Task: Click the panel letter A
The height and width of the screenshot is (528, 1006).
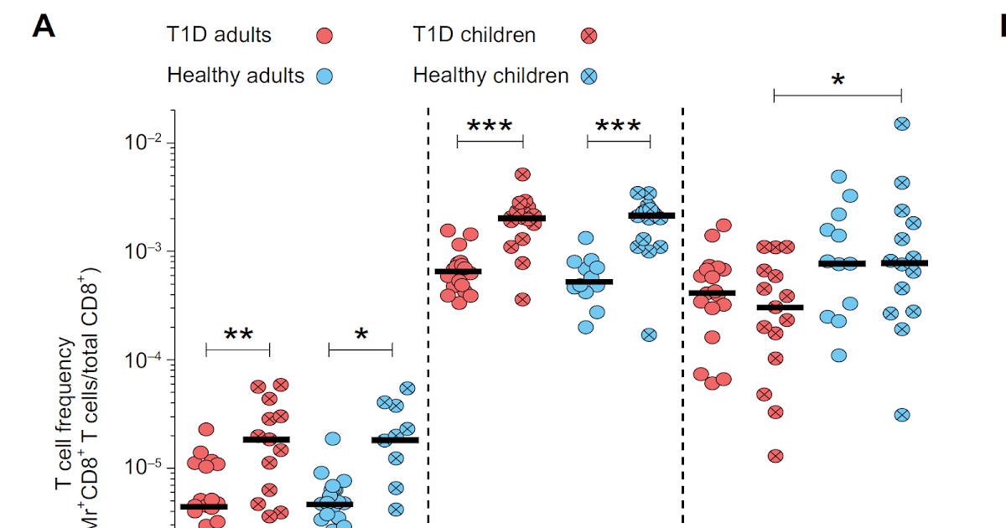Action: (44, 27)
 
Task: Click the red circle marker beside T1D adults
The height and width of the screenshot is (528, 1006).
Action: (324, 35)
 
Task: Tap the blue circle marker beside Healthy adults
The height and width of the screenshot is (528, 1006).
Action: (324, 76)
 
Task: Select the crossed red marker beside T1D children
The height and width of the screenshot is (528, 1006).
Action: (589, 35)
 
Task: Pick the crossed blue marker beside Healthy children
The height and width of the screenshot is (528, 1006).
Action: (589, 76)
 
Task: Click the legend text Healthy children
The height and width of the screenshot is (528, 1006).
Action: (490, 75)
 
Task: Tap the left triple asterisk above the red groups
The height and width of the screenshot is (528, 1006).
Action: (490, 127)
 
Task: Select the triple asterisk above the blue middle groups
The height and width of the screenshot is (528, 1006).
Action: (618, 127)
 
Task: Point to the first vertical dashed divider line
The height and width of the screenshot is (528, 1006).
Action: (428, 318)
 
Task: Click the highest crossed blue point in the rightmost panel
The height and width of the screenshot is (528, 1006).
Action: (902, 124)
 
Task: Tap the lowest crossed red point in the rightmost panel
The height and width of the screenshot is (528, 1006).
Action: (775, 456)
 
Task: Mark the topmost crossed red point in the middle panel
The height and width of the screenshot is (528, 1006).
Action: (522, 175)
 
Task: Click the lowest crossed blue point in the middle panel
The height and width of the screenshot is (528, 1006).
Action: (649, 334)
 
